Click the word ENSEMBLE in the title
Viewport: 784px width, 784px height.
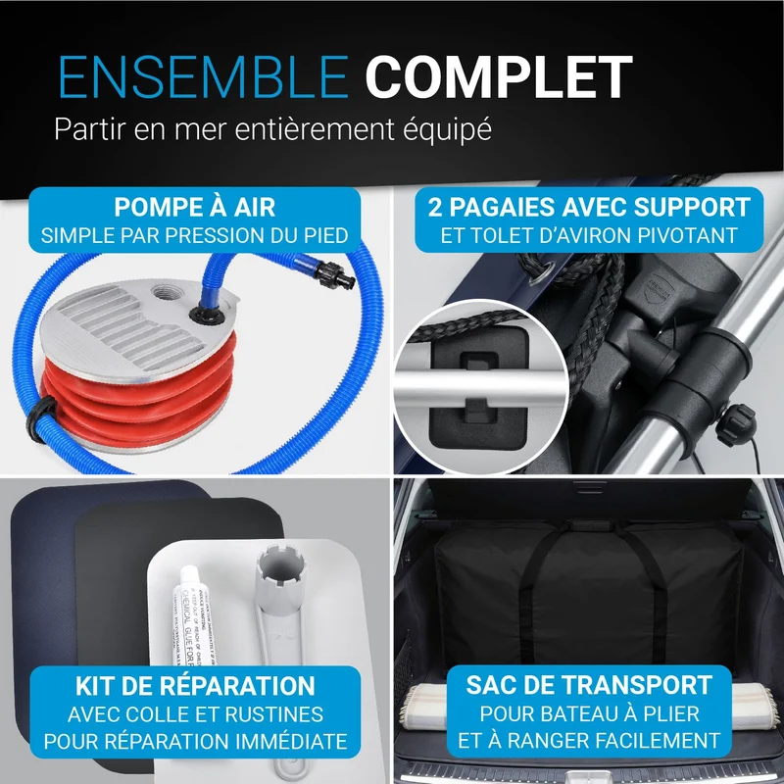[x=204, y=76]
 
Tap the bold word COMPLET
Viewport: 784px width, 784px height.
[x=499, y=76]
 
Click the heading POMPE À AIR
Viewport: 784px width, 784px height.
[x=194, y=207]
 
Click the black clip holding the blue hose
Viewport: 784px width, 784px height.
[x=41, y=419]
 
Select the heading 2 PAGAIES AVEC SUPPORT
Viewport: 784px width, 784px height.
[x=589, y=207]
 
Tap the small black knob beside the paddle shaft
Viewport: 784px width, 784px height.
[x=736, y=425]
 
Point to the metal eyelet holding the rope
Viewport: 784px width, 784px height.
[x=543, y=271]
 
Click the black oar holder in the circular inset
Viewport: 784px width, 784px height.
[x=478, y=387]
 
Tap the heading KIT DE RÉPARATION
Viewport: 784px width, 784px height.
[x=195, y=686]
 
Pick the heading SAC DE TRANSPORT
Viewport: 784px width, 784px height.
[x=589, y=685]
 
